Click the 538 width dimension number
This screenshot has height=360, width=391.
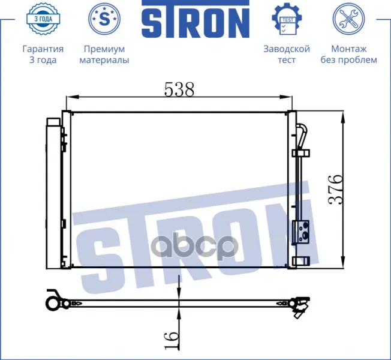pos(179,89)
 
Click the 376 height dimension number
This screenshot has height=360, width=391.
pos(336,190)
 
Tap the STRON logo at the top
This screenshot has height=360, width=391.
pos(195,21)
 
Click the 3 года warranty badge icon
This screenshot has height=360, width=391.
pos(43,19)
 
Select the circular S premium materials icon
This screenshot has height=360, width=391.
pos(104,19)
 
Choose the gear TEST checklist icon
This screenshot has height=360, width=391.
pos(287,19)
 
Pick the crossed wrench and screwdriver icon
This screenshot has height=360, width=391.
pos(348,19)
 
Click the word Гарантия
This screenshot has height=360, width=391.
pos(43,49)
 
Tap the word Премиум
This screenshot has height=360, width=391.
pos(104,49)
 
